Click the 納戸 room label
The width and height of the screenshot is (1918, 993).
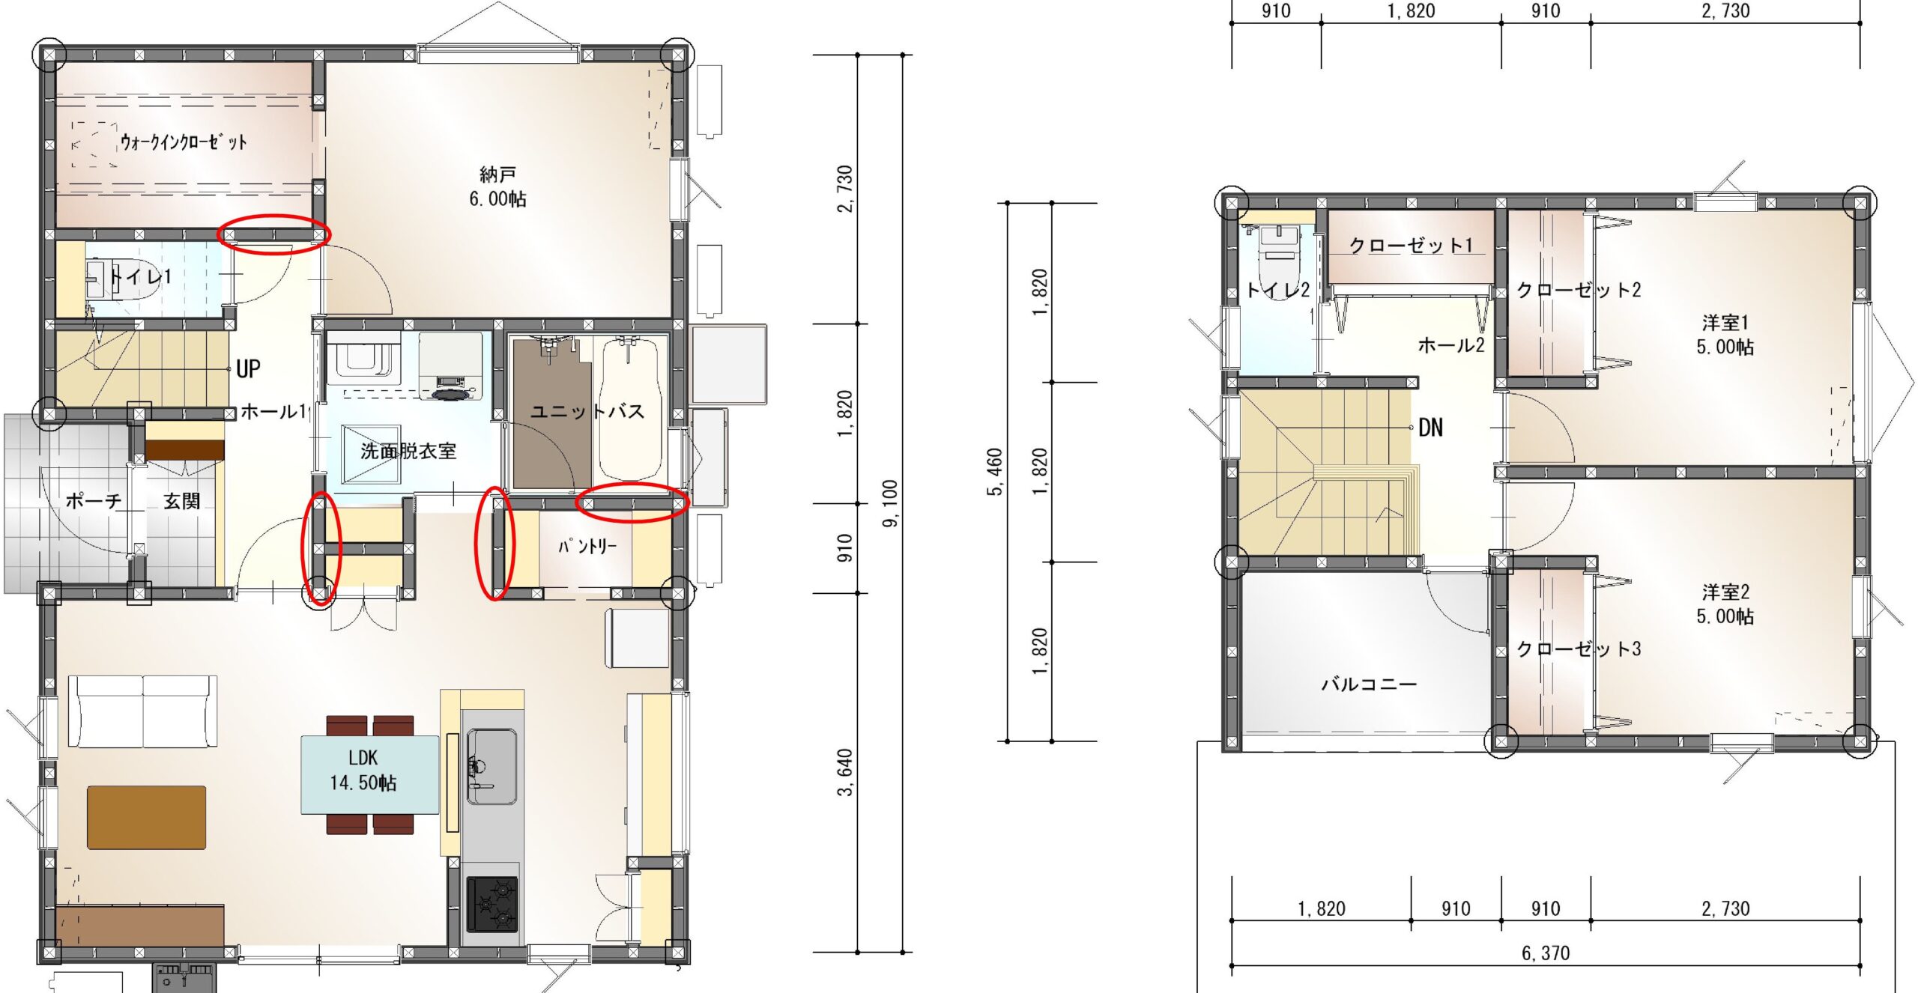pyautogui.click(x=497, y=174)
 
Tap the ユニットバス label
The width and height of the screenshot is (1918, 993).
pyautogui.click(x=587, y=411)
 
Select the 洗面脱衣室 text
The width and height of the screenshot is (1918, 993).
pyautogui.click(x=408, y=451)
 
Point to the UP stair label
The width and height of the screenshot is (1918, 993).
pyautogui.click(x=249, y=368)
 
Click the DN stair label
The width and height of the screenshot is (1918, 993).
pyautogui.click(x=1430, y=428)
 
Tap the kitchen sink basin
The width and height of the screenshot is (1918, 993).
pyautogui.click(x=491, y=766)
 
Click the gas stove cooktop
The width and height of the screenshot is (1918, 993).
pyautogui.click(x=491, y=904)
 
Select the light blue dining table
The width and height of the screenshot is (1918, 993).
pyautogui.click(x=369, y=775)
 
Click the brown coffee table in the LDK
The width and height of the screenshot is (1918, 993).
pyautogui.click(x=147, y=817)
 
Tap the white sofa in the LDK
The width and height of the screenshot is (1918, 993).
pyautogui.click(x=143, y=711)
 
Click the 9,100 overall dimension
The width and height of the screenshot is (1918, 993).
pyautogui.click(x=890, y=503)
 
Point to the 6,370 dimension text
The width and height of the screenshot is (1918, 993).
pyautogui.click(x=1545, y=953)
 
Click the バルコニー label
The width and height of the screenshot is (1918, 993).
pyautogui.click(x=1369, y=684)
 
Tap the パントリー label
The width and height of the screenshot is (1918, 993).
pyautogui.click(x=587, y=546)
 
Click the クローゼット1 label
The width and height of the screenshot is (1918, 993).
pyautogui.click(x=1411, y=245)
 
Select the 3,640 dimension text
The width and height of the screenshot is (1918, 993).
pyautogui.click(x=844, y=773)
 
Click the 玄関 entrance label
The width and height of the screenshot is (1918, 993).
pyautogui.click(x=182, y=501)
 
